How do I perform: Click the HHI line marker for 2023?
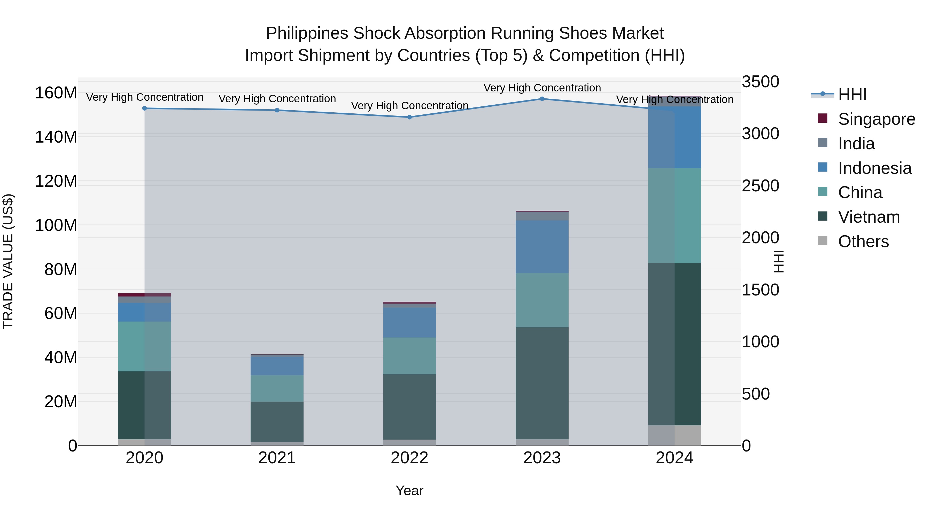(542, 99)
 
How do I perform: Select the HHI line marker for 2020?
(144, 108)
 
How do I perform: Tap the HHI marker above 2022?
(409, 117)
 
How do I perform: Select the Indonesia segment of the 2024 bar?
(675, 137)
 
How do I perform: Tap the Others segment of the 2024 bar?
(675, 435)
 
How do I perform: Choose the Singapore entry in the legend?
(876, 119)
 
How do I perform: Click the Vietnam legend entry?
(869, 217)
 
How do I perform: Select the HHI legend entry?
(852, 95)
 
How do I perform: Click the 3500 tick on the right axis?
(760, 82)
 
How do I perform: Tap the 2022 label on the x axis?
(409, 458)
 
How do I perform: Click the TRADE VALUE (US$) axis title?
(8, 261)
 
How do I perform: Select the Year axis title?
(409, 490)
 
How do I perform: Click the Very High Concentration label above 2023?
(542, 88)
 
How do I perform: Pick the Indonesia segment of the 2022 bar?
(409, 322)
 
